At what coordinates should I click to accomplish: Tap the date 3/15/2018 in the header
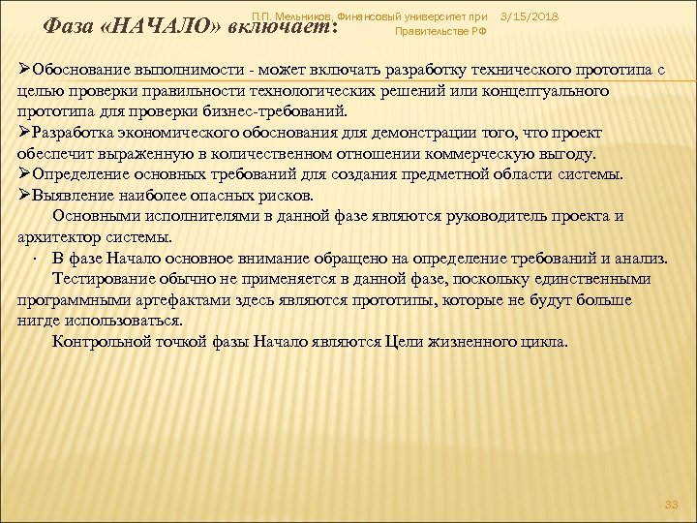[x=530, y=17]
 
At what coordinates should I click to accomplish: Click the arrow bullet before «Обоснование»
[x=24, y=74]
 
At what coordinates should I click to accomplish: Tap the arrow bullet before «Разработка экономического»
[x=24, y=134]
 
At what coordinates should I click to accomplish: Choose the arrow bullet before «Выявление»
[x=24, y=195]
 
